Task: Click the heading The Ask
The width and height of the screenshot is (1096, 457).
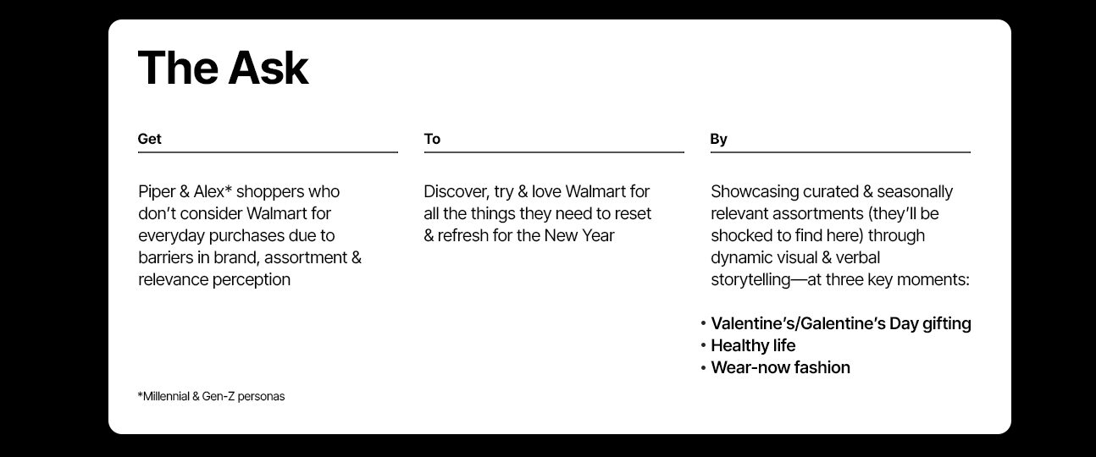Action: tap(223, 68)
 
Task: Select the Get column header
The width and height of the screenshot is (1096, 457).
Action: tap(149, 139)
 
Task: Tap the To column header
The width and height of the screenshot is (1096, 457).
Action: tap(432, 139)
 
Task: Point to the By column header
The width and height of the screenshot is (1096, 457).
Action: tap(719, 140)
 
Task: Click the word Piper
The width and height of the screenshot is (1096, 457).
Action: tap(157, 191)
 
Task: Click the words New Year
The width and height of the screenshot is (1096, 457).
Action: tap(579, 235)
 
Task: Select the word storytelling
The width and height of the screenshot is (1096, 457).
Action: tap(750, 280)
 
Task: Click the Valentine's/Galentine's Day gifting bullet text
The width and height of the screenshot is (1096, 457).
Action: tap(841, 323)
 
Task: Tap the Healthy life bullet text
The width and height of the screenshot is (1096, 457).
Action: tap(753, 345)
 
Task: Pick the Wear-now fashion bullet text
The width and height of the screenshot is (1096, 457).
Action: tap(780, 367)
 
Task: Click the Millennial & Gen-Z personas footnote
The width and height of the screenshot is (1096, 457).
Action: tap(212, 396)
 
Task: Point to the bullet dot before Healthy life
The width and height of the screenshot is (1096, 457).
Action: tap(703, 345)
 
